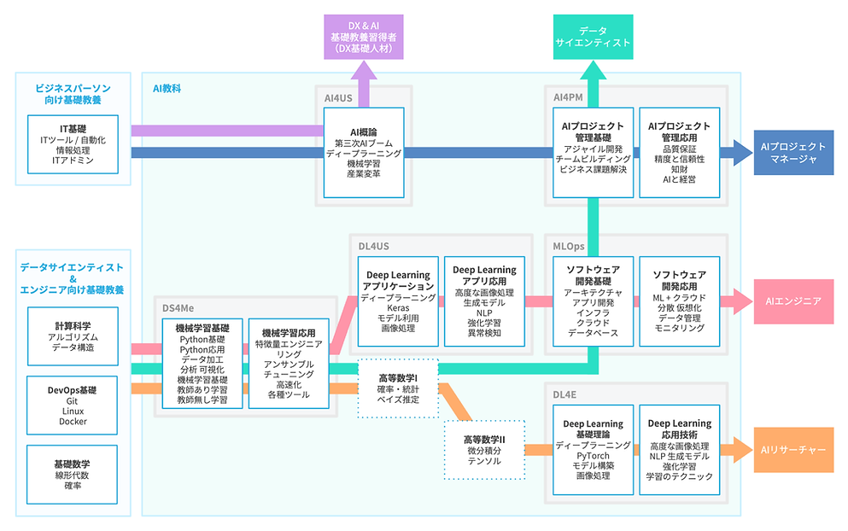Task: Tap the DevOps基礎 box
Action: pyautogui.click(x=73, y=406)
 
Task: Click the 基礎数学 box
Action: pyautogui.click(x=73, y=474)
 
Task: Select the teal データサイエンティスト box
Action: pyautogui.click(x=593, y=37)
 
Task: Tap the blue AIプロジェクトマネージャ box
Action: pyautogui.click(x=793, y=152)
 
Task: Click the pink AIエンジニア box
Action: pyautogui.click(x=793, y=301)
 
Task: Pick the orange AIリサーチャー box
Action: pyautogui.click(x=793, y=449)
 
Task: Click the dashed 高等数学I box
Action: pyautogui.click(x=397, y=388)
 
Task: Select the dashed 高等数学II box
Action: pyautogui.click(x=483, y=450)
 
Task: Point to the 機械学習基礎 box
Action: pyautogui.click(x=202, y=364)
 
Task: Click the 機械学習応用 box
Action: pyautogui.click(x=289, y=364)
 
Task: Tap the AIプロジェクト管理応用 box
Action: pyautogui.click(x=679, y=151)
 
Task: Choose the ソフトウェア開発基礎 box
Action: pyautogui.click(x=593, y=301)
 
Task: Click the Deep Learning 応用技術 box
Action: pyautogui.click(x=679, y=449)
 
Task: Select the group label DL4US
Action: pyautogui.click(x=374, y=246)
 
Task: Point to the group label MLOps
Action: pyautogui.click(x=568, y=246)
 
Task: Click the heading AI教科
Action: pyautogui.click(x=167, y=88)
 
